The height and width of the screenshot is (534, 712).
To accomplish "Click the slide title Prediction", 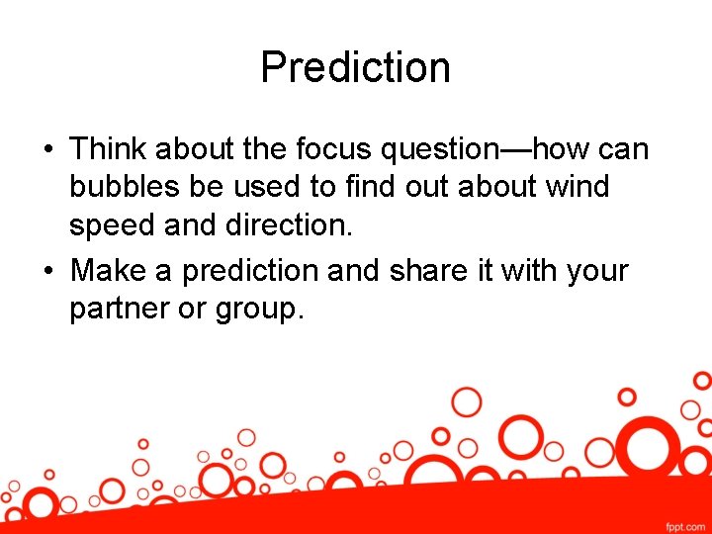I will click(355, 67).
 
